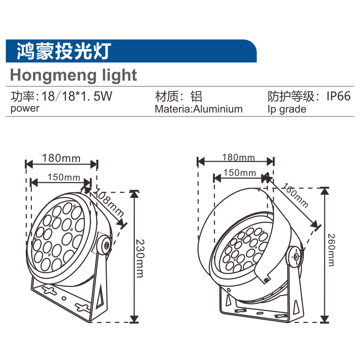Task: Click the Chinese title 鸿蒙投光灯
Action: click(63, 51)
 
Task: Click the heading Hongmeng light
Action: click(73, 75)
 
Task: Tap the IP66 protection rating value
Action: click(338, 96)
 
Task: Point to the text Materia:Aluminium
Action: click(199, 109)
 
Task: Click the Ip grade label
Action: click(287, 109)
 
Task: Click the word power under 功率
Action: click(25, 108)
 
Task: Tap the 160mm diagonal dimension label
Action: click(295, 195)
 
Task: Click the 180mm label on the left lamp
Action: click(61, 158)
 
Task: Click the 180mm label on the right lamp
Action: click(238, 157)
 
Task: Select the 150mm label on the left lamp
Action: click(64, 178)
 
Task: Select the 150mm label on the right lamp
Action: click(239, 173)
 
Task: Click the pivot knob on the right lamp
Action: click(296, 256)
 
